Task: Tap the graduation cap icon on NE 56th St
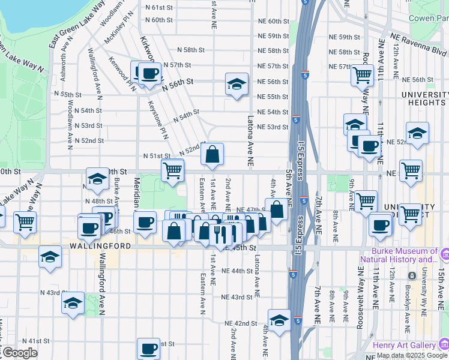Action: coord(237,84)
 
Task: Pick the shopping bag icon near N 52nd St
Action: coord(212,154)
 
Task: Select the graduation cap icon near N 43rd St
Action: coord(73,303)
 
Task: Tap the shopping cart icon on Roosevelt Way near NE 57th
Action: coord(363,76)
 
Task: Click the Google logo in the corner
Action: coord(19,353)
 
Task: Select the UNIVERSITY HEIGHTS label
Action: coord(424,100)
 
